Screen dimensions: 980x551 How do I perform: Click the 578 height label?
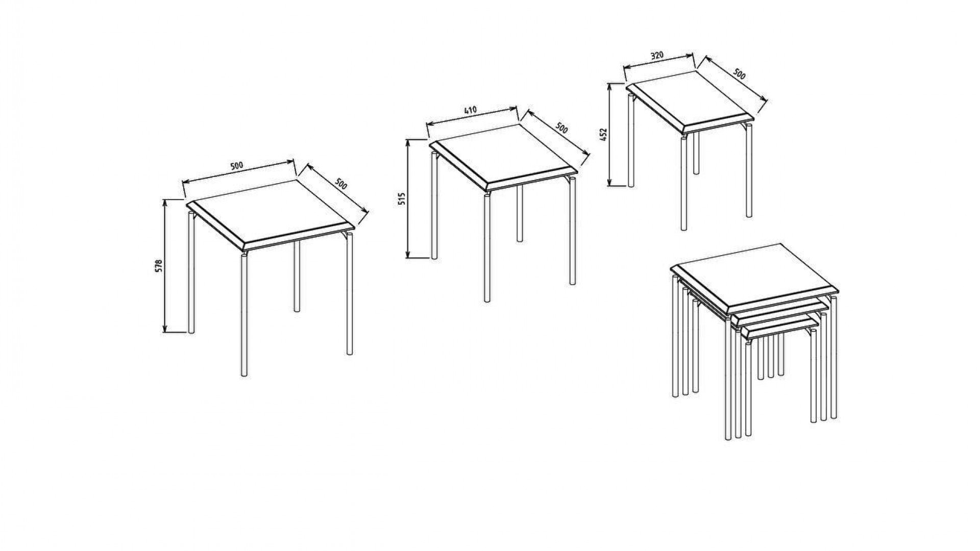(x=158, y=266)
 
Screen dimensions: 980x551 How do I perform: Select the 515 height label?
(x=401, y=198)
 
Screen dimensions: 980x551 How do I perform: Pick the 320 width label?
(x=657, y=56)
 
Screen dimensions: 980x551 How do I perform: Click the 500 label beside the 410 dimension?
(x=561, y=128)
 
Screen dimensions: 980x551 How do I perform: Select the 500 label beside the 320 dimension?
(x=739, y=74)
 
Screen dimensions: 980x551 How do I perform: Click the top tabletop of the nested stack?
(x=755, y=280)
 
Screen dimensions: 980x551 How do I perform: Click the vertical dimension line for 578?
(x=165, y=266)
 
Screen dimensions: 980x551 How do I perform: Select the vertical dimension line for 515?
(x=408, y=199)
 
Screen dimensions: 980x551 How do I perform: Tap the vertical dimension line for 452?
(x=609, y=135)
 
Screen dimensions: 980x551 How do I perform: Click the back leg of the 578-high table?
(x=296, y=276)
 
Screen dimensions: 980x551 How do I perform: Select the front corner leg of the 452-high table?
(x=684, y=183)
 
